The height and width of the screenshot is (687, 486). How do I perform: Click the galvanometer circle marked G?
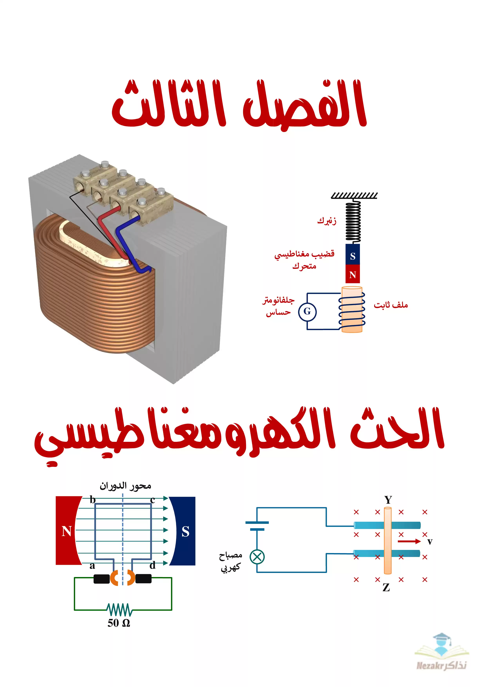click(307, 312)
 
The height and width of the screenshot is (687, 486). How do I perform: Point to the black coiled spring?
click(353, 221)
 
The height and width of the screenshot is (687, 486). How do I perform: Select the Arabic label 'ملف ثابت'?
click(391, 305)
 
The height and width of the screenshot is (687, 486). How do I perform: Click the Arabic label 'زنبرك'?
click(327, 221)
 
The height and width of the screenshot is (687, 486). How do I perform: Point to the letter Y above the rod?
click(388, 500)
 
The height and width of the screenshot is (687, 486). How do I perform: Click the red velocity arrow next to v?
click(409, 541)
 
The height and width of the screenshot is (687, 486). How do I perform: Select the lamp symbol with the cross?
click(257, 557)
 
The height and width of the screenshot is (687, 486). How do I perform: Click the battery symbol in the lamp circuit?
click(257, 526)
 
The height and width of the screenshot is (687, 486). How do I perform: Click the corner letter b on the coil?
click(93, 500)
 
